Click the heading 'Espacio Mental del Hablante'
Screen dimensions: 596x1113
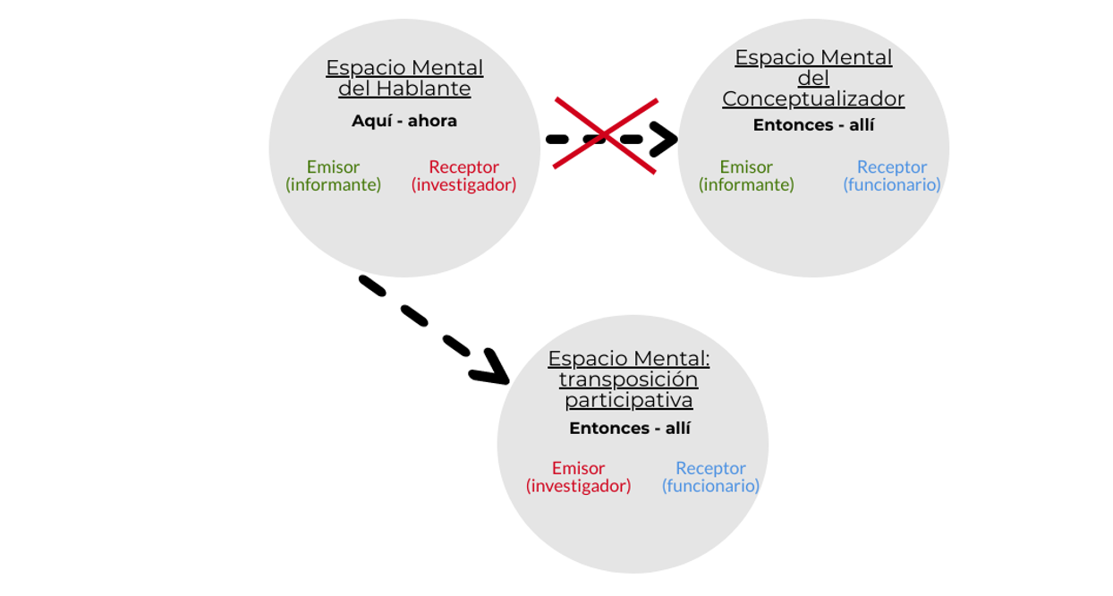[x=404, y=78]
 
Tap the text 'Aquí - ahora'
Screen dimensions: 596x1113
[x=404, y=121]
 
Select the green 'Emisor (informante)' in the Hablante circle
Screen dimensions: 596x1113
[x=333, y=175]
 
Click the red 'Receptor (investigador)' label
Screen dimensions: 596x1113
[x=463, y=175]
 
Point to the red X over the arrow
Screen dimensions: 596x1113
[x=606, y=135]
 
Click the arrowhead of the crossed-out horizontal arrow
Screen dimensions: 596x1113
[x=665, y=140]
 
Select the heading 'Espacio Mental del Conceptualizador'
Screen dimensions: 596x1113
[x=813, y=78]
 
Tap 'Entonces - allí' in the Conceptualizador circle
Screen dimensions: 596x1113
[x=813, y=125]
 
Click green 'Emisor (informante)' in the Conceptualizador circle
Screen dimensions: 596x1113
[x=746, y=175]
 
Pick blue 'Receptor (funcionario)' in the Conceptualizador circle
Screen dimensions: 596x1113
[x=892, y=175]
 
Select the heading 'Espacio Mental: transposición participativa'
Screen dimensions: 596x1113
[x=629, y=379]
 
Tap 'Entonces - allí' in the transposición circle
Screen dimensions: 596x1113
[x=630, y=429]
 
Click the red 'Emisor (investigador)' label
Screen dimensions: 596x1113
[x=578, y=477]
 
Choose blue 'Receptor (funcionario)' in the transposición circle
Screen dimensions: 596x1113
[x=710, y=477]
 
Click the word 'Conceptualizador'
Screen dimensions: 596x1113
[x=813, y=99]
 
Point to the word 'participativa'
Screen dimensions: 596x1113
[x=629, y=400]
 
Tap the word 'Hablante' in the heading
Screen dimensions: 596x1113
[x=423, y=89]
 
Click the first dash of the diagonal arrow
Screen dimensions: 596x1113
[x=372, y=285]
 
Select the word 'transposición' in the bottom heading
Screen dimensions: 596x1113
[x=629, y=379]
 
